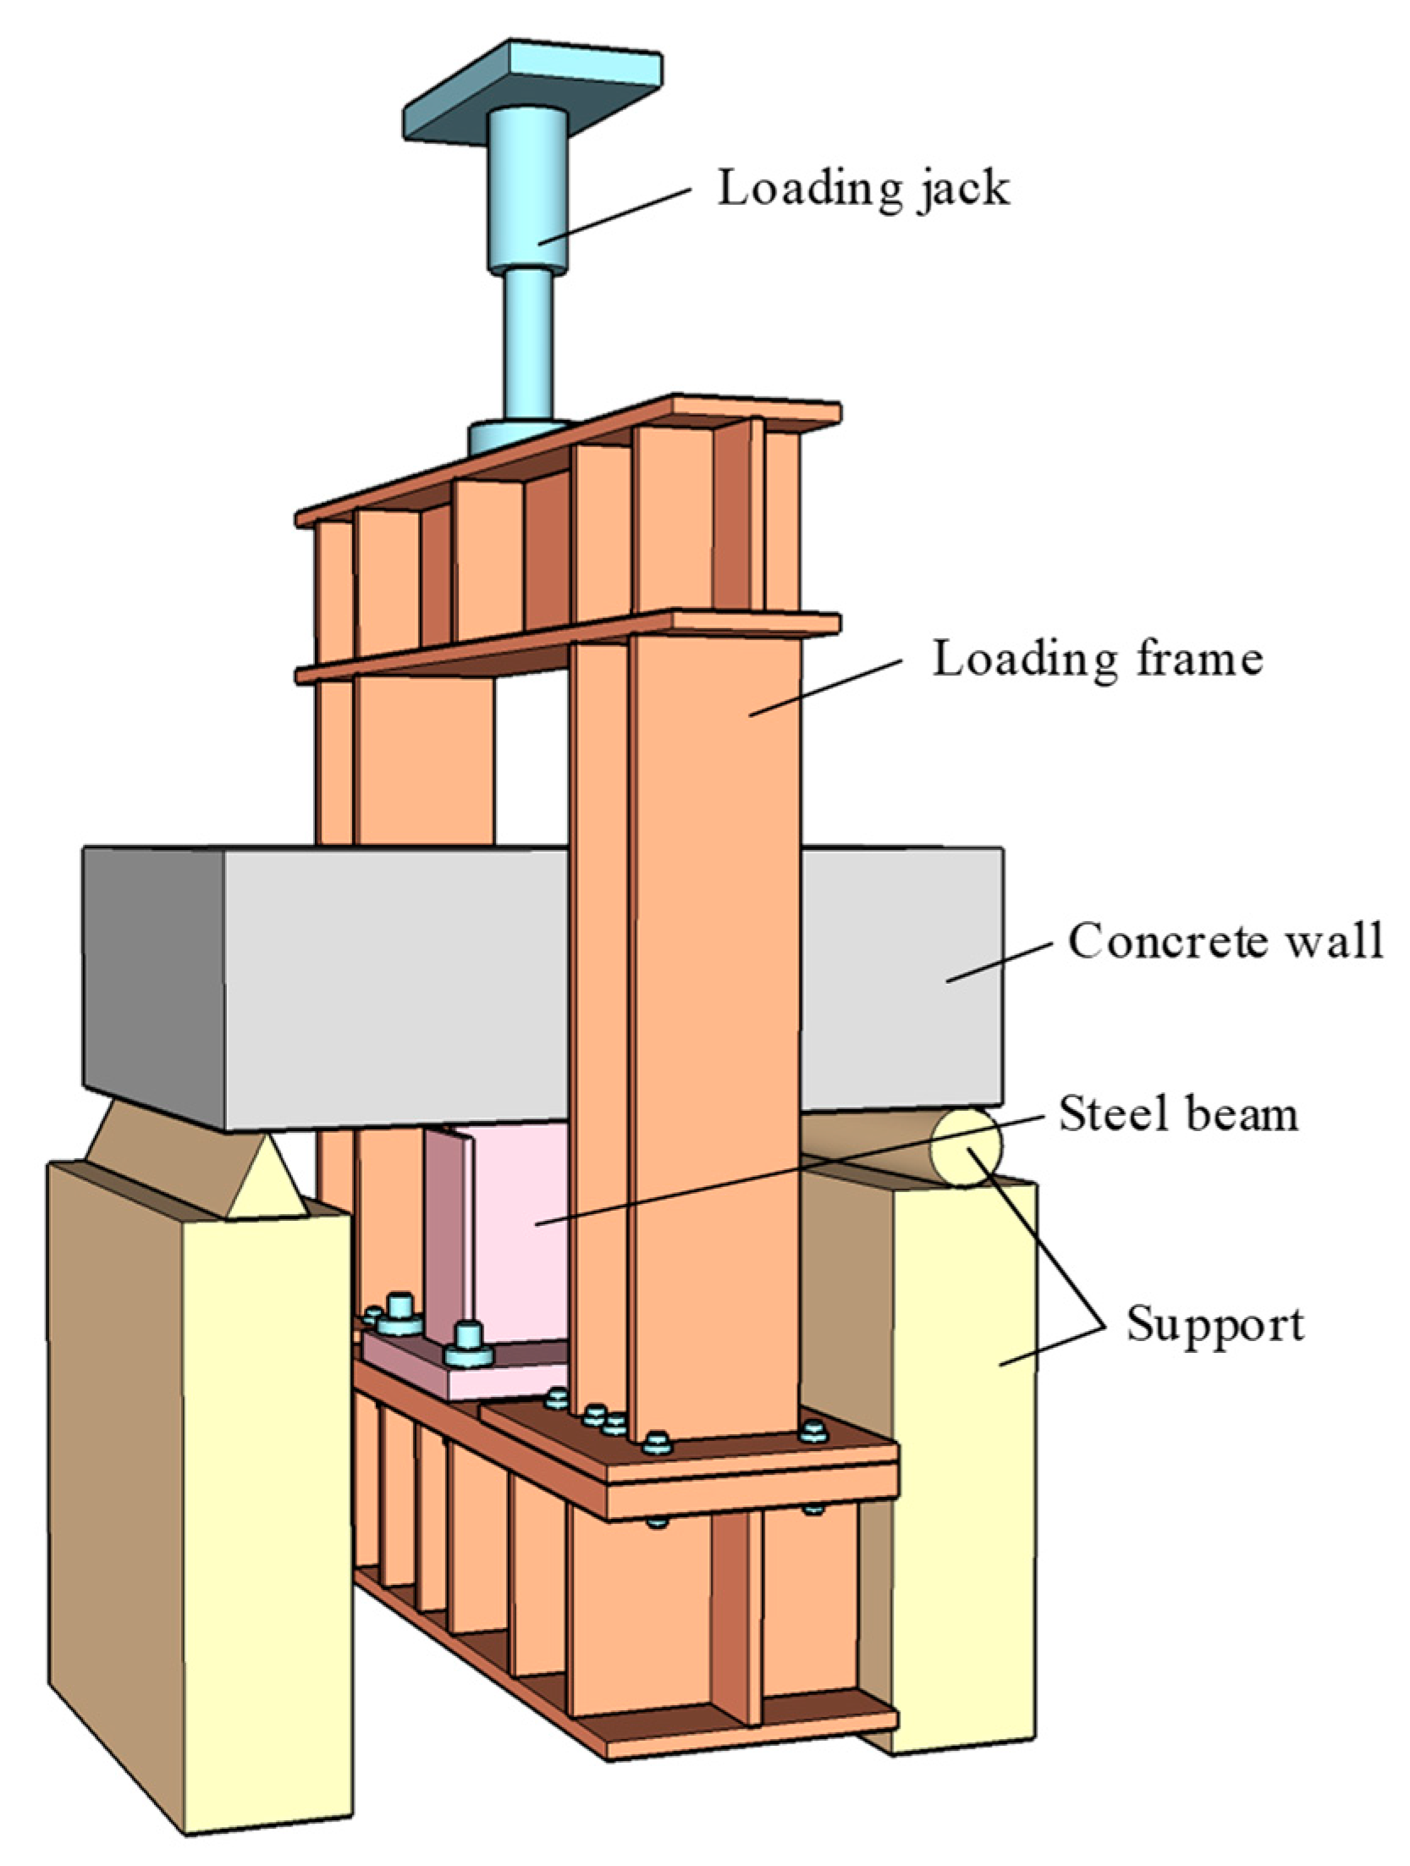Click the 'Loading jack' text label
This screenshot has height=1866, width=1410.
pyautogui.click(x=863, y=188)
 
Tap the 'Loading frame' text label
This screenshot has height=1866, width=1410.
pyautogui.click(x=1098, y=659)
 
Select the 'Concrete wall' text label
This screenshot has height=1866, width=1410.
pyautogui.click(x=1225, y=941)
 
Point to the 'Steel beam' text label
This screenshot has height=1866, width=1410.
pyautogui.click(x=1178, y=1113)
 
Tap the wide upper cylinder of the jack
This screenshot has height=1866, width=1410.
pyautogui.click(x=526, y=190)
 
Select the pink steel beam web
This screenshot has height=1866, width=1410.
pyautogui.click(x=516, y=1228)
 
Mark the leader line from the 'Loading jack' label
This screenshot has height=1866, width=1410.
pyautogui.click(x=614, y=216)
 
